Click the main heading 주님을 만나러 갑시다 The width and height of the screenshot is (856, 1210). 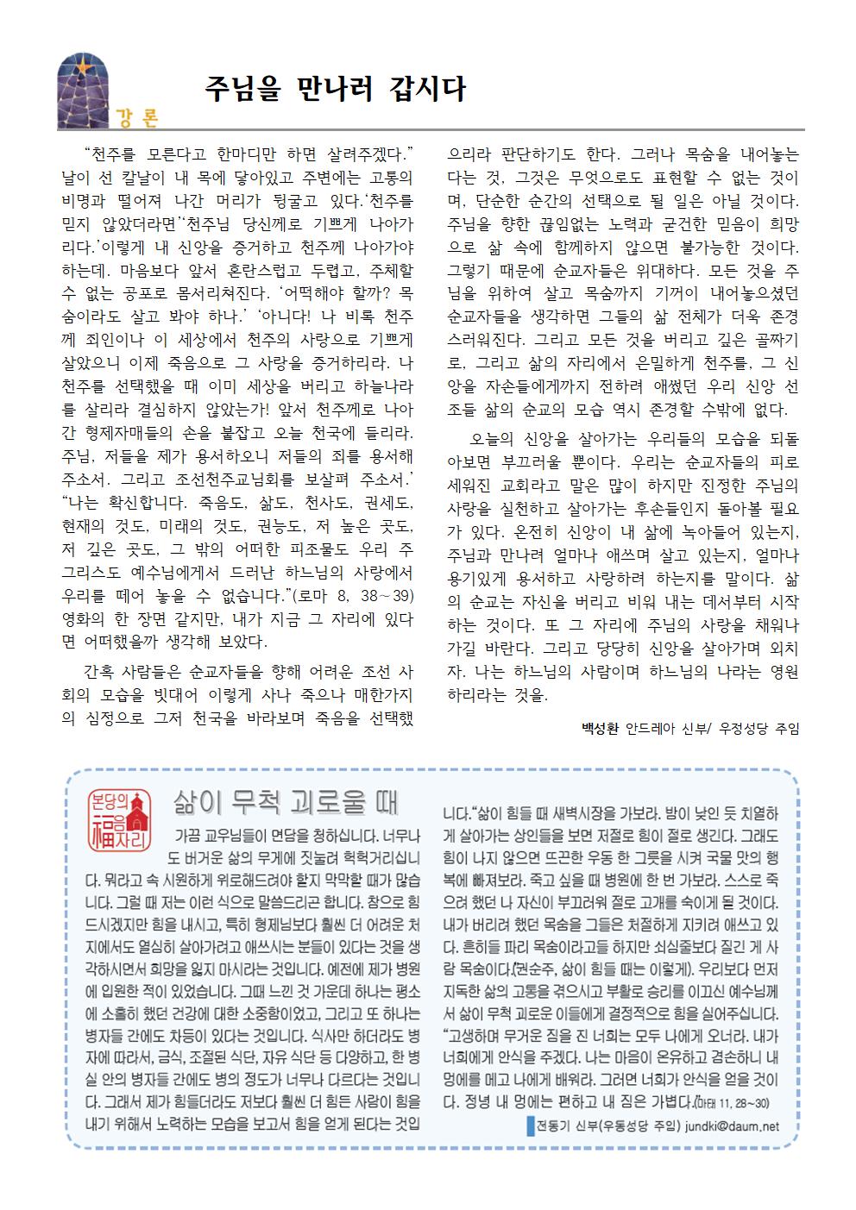pyautogui.click(x=334, y=89)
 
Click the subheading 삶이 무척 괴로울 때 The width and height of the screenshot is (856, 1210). pyautogui.click(x=284, y=801)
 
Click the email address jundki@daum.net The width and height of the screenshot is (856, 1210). pyautogui.click(x=730, y=1125)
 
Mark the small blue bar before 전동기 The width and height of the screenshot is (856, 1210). pyautogui.click(x=529, y=1125)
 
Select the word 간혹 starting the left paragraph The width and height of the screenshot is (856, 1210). pyautogui.click(x=101, y=672)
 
